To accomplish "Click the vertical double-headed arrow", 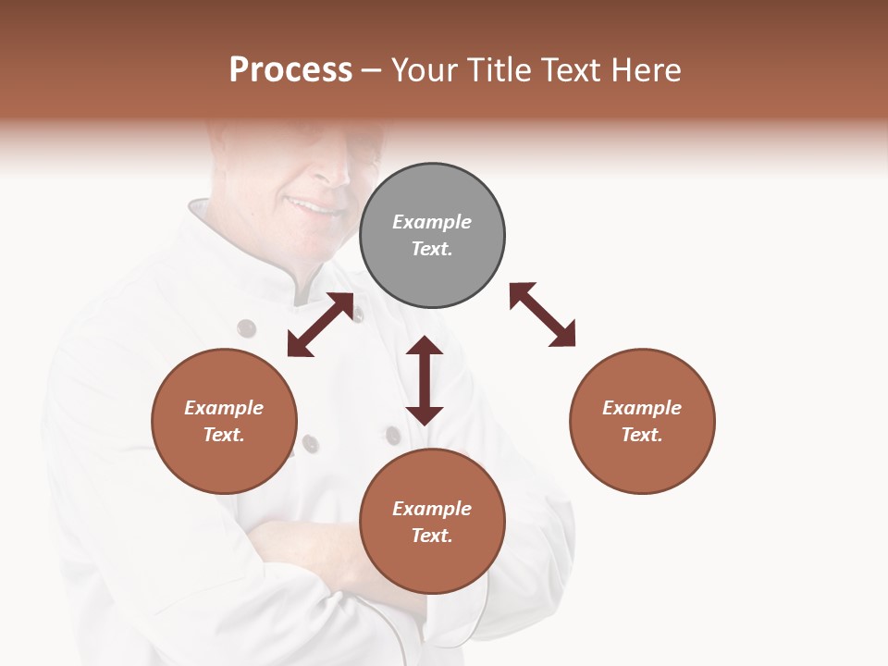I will (425, 380).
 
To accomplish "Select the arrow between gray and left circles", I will (320, 325).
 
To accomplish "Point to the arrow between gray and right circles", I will (542, 314).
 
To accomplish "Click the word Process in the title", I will (290, 69).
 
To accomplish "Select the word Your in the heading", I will (425, 69).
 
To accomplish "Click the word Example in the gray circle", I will (432, 222).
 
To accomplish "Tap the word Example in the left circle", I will (224, 408).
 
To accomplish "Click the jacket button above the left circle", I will (246, 328).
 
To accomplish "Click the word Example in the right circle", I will (642, 408).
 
